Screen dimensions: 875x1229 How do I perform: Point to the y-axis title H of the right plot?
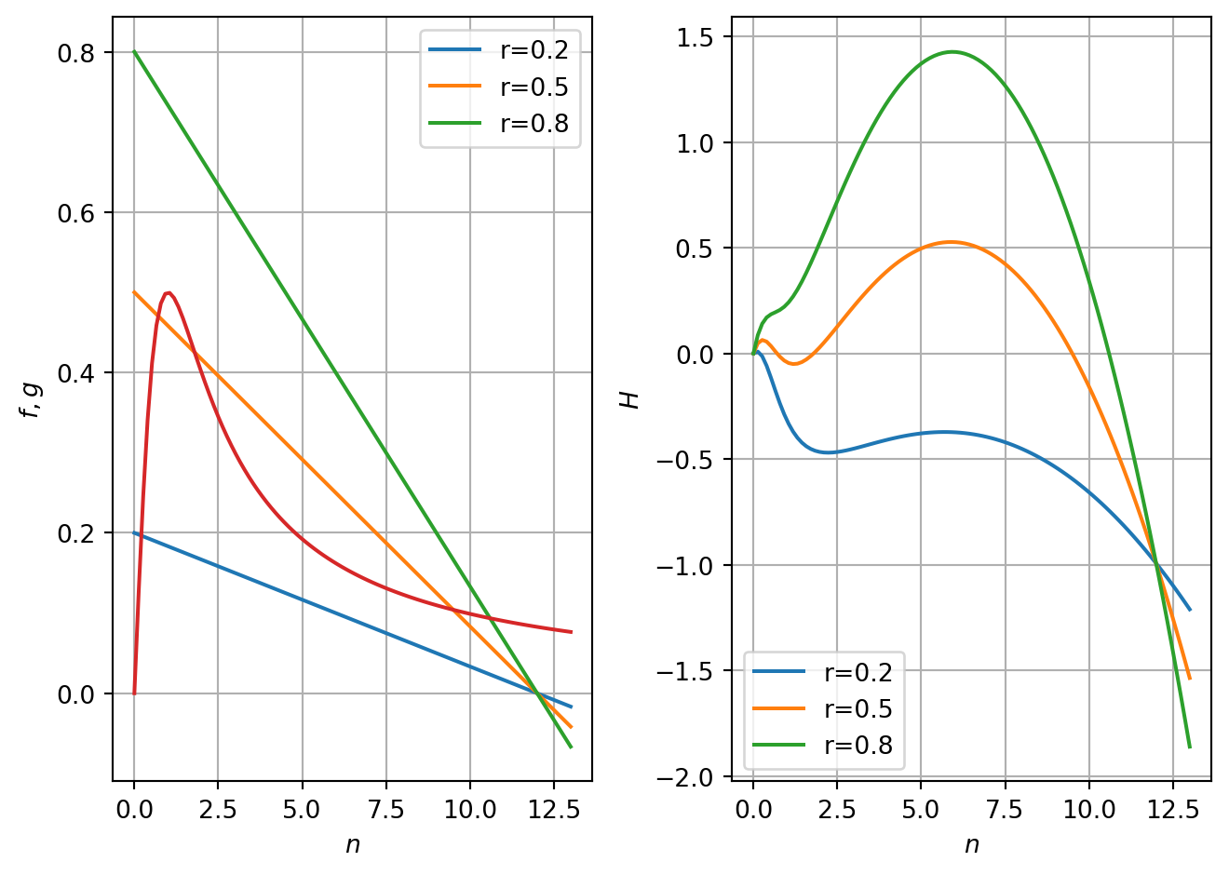630,399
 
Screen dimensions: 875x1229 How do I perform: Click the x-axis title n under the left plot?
352,844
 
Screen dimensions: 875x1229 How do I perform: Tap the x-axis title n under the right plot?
971,844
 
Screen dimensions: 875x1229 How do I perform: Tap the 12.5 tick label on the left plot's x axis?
553,810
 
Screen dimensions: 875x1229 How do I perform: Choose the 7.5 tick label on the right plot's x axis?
1005,810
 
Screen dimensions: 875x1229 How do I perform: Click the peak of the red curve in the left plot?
168,292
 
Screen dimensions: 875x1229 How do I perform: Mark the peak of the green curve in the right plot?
952,52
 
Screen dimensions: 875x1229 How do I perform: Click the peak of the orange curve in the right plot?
951,242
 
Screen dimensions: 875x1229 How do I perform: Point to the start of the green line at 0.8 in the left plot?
134,51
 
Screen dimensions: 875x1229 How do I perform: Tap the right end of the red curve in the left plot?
571,632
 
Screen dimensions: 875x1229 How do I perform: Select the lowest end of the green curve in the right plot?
1189,747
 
